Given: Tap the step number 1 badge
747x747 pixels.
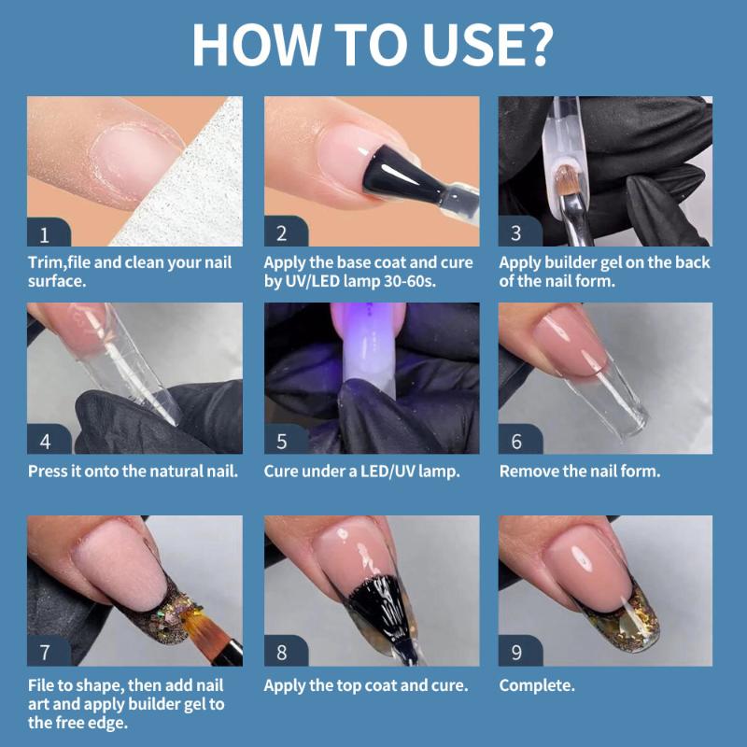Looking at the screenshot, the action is point(49,232).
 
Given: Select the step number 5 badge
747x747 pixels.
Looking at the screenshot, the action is point(286,439).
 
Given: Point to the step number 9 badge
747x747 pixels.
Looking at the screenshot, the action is point(520,651).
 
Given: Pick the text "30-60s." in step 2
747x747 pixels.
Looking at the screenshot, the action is point(410,281).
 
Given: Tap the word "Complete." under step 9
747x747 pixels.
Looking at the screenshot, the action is point(537,685).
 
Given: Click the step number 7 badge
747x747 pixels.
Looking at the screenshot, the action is point(49,651).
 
